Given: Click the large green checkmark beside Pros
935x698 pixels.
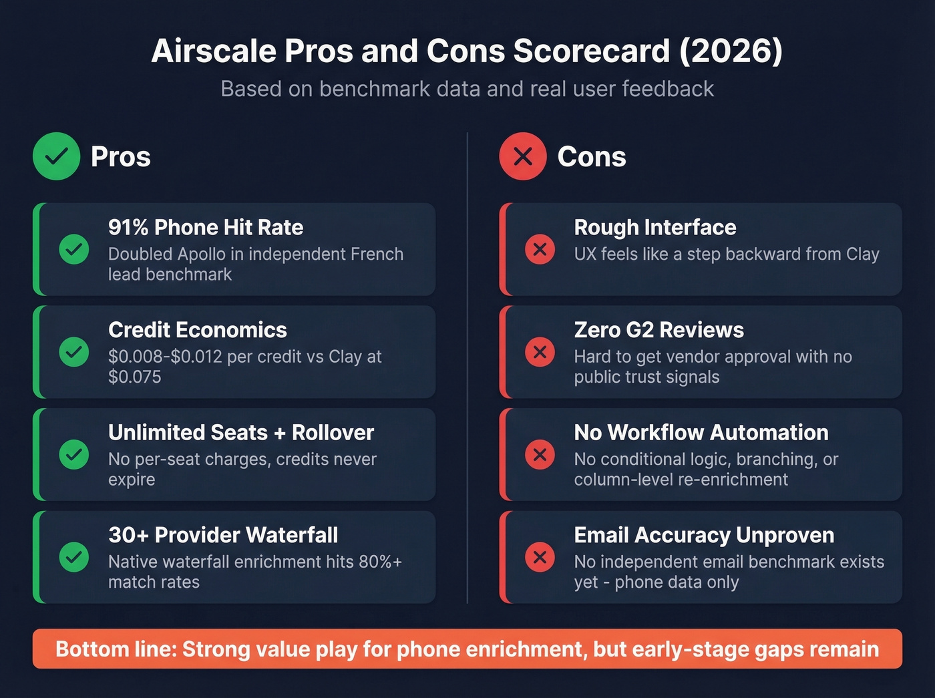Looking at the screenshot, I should click(x=57, y=156).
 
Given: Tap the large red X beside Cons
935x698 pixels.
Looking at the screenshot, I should click(x=523, y=156).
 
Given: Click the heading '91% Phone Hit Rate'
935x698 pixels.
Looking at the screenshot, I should click(x=206, y=228).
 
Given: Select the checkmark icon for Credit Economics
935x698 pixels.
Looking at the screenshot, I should click(x=74, y=352).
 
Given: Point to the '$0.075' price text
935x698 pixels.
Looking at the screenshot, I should click(x=135, y=377).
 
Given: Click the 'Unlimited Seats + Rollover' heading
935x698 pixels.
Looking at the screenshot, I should click(x=241, y=433).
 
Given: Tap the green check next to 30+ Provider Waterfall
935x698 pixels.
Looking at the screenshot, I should click(x=74, y=557).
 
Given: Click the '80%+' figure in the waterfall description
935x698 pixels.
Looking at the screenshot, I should click(x=380, y=562).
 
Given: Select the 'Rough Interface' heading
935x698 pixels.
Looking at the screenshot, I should click(x=655, y=228).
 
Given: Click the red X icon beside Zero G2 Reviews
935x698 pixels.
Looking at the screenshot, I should click(x=540, y=352).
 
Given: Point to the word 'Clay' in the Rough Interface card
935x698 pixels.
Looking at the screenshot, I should click(x=862, y=254).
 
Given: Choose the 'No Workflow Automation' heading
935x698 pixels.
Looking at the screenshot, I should click(x=701, y=433).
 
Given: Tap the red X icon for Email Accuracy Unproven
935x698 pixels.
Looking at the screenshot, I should click(x=540, y=557).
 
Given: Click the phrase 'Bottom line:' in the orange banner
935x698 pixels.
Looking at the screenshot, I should click(x=116, y=649).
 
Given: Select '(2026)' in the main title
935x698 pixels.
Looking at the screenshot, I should click(x=731, y=51).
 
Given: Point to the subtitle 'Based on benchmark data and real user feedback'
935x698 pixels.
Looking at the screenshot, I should click(x=467, y=89).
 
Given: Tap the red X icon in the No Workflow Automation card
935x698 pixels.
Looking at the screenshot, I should click(x=540, y=455).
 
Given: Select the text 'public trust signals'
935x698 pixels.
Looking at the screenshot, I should click(x=646, y=377).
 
